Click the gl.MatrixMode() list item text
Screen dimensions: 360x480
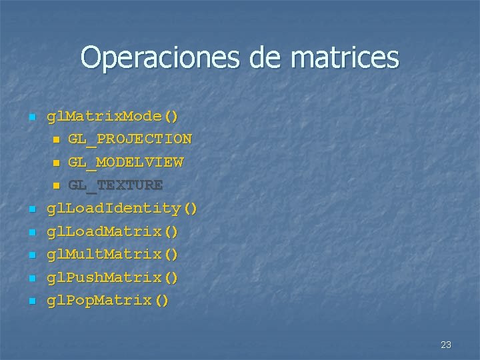(x=112, y=117)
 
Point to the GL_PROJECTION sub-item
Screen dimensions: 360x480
(x=129, y=139)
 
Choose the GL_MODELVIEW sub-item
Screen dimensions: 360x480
(x=125, y=162)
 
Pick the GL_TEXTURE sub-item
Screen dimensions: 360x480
(x=115, y=185)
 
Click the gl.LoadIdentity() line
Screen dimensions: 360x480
(x=122, y=209)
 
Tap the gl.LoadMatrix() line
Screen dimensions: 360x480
(x=112, y=231)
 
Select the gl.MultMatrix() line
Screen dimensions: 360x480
(x=112, y=254)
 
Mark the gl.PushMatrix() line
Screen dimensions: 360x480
(x=112, y=277)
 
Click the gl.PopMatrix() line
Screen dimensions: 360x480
(x=107, y=300)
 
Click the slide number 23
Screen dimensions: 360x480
(x=446, y=345)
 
